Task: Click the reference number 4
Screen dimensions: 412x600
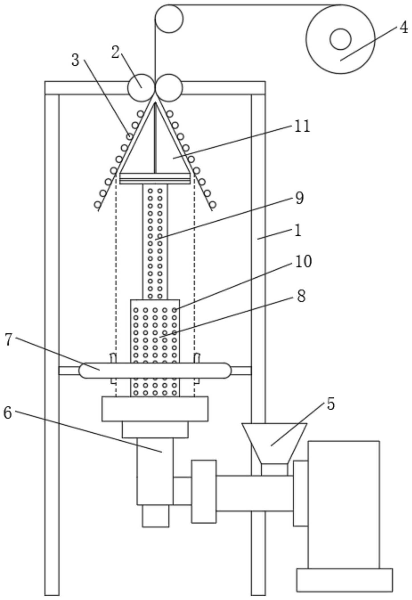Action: pos(403,28)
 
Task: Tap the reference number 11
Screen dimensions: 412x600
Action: pos(302,126)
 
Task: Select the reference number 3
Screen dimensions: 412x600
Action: pos(75,60)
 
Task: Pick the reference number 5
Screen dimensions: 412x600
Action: pos(330,404)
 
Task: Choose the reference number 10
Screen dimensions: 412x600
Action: pos(303,261)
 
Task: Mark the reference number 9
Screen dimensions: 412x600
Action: pos(299,198)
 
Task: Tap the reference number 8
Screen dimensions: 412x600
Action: pos(301,296)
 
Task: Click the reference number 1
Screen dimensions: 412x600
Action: pos(298,231)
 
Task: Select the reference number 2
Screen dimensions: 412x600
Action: pos(115,53)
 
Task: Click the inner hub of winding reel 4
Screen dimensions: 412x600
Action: pos(340,39)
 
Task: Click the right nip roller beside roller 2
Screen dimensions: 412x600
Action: pos(169,88)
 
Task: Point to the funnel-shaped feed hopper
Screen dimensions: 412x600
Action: pos(274,443)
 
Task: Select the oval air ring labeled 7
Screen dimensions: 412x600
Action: pos(155,370)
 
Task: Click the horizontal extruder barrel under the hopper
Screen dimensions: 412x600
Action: pos(254,493)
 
